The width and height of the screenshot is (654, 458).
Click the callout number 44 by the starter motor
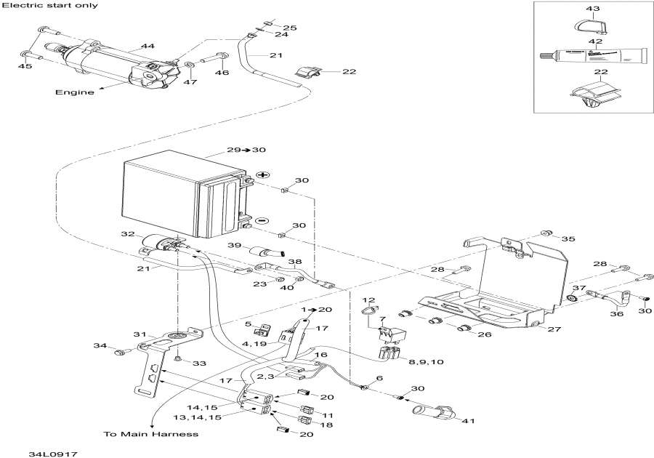tap(148, 46)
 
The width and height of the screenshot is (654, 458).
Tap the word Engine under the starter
tap(75, 92)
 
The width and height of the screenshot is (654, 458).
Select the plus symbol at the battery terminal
tap(262, 174)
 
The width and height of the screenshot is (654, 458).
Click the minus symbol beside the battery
tap(262, 220)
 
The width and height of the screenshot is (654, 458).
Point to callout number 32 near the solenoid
tap(128, 234)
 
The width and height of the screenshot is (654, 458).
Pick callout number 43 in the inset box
tap(593, 8)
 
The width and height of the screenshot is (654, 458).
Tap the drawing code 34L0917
tap(53, 454)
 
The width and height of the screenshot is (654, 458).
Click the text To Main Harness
tap(151, 434)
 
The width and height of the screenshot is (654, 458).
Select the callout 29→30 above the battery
tap(246, 150)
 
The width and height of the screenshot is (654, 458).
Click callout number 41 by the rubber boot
tap(469, 421)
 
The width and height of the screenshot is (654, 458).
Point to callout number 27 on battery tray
tap(554, 329)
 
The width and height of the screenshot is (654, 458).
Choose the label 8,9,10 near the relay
tap(425, 361)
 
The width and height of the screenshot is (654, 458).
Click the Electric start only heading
tap(50, 5)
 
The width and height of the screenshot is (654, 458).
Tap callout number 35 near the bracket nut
tap(568, 238)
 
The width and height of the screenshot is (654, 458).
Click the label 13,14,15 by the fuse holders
tap(198, 417)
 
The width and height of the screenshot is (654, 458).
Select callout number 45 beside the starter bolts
tap(25, 66)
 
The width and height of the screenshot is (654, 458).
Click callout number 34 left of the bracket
tap(100, 345)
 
